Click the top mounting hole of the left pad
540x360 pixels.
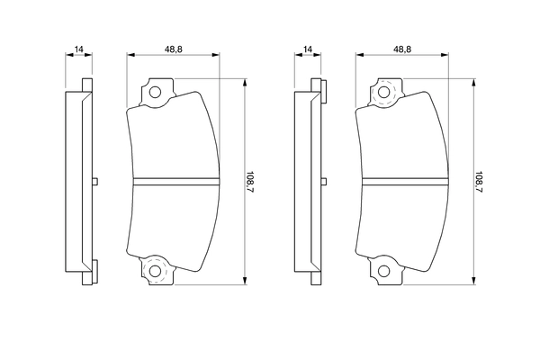pos(154,91)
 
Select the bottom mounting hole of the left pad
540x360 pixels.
pos(154,271)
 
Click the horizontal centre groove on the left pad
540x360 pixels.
pos(175,181)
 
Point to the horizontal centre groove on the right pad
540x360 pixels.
pos(404,181)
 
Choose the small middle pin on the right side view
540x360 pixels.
pos(322,181)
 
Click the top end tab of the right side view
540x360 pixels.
pos(316,87)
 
